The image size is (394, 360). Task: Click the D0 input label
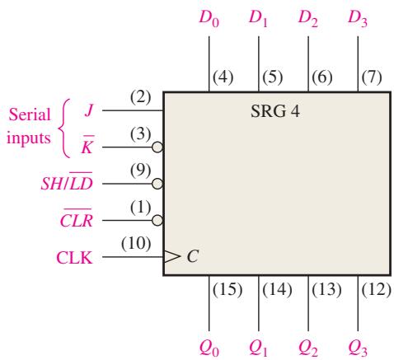tap(209, 19)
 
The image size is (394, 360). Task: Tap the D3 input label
tap(358, 19)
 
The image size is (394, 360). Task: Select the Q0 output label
tap(209, 348)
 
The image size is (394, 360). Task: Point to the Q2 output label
tap(308, 348)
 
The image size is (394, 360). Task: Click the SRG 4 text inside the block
tap(275, 111)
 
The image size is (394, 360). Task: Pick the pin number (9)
tap(140, 171)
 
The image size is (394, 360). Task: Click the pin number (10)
tap(136, 244)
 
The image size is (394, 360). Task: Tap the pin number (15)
tap(227, 289)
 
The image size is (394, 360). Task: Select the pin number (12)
tap(376, 289)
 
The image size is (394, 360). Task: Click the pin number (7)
tap(372, 77)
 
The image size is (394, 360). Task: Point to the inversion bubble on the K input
tap(157, 147)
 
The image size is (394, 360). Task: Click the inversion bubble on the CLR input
tap(157, 220)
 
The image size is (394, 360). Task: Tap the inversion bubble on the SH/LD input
tap(157, 184)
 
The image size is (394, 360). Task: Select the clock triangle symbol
tap(171, 257)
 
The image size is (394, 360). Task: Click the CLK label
tap(74, 258)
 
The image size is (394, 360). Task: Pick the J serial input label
tap(89, 111)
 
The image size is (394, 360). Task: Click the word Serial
tap(30, 115)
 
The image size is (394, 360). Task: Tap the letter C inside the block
tap(192, 257)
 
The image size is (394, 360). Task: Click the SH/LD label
tap(67, 181)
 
